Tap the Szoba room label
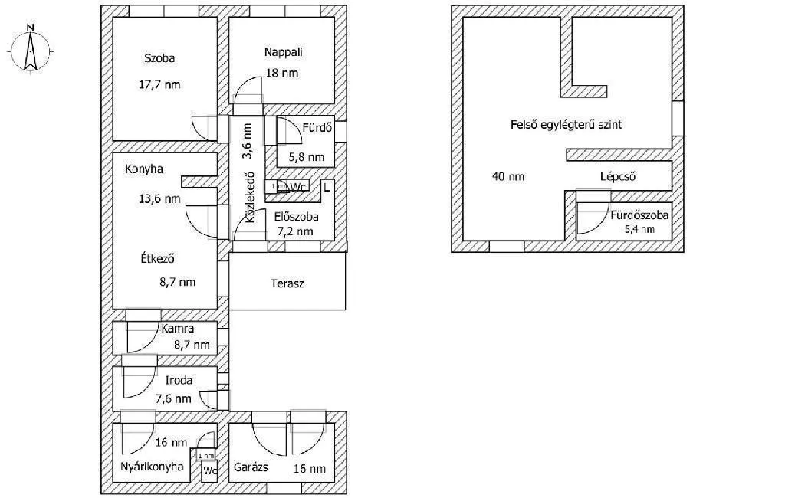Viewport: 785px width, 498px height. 159,58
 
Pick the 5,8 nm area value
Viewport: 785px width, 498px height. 306,157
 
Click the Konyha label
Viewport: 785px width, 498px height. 145,169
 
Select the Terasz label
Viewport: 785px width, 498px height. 287,283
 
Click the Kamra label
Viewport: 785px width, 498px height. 177,329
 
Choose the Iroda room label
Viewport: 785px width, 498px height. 179,379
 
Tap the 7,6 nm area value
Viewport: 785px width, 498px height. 173,398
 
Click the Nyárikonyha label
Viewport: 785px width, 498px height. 151,466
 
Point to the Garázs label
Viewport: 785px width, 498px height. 251,467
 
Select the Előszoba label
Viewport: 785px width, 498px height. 296,217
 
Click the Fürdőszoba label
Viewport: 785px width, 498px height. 639,215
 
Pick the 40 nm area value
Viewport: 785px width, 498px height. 507,176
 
